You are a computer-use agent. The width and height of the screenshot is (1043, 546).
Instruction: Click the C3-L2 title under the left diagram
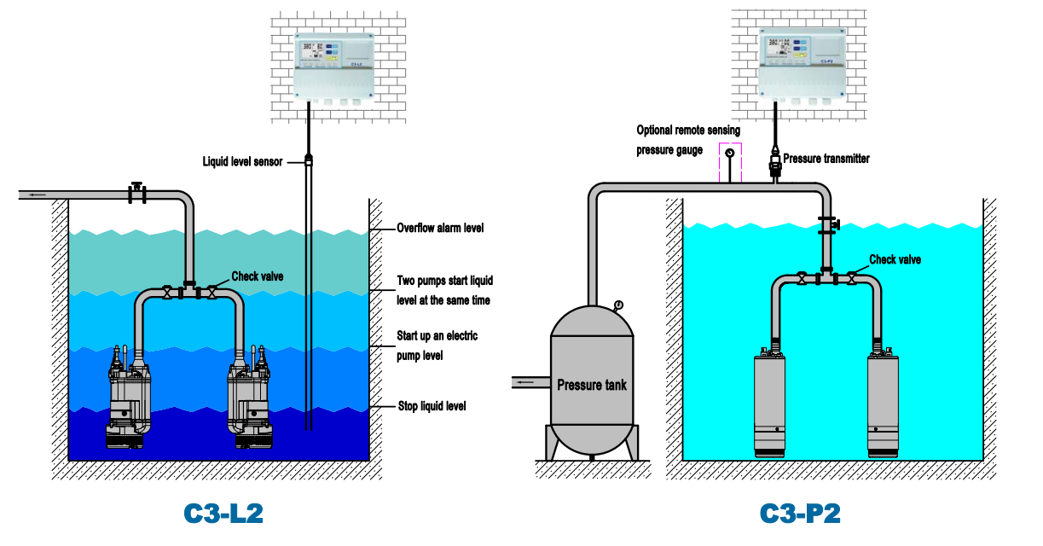223,513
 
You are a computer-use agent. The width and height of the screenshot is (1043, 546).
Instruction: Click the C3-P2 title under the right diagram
799,513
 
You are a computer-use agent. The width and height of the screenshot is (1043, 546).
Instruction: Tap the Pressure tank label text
591,385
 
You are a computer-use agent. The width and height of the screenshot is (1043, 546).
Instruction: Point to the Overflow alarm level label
440,229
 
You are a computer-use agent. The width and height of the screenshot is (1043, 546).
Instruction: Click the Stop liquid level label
432,406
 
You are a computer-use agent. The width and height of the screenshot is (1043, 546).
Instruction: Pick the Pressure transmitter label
826,159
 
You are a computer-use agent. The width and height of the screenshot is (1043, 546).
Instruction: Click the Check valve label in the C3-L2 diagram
258,276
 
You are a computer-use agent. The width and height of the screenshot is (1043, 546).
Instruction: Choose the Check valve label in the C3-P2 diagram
895,259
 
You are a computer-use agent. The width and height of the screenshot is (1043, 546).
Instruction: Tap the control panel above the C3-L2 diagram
333,67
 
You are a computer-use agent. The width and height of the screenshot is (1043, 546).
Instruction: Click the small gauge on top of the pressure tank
617,305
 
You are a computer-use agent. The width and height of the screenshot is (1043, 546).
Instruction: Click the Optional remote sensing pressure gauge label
688,140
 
